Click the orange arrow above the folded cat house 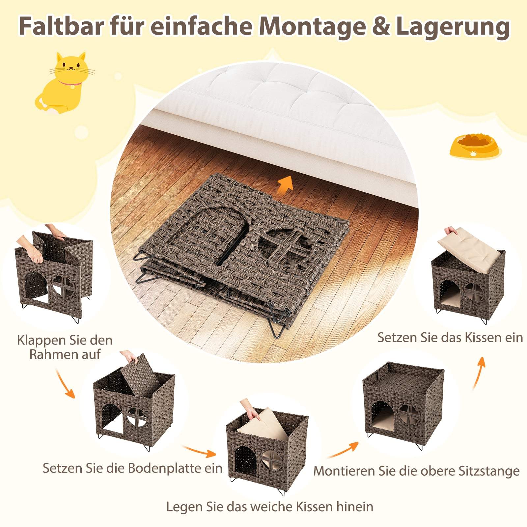285,183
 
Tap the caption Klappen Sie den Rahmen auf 65,347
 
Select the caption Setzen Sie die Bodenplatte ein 133,468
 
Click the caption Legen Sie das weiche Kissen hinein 269,507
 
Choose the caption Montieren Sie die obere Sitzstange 416,471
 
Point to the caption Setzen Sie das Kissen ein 450,338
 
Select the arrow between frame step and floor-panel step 65,383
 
